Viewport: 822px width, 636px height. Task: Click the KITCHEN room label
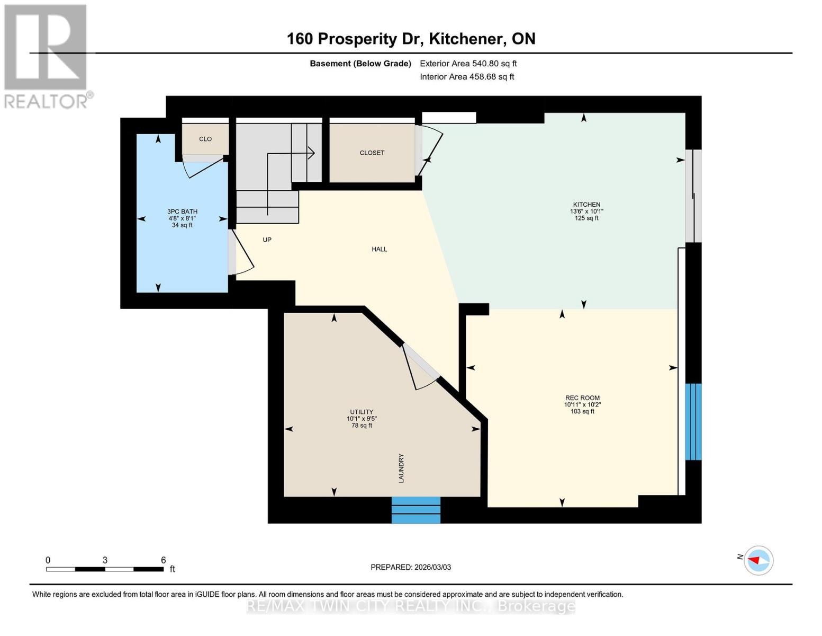pos(586,205)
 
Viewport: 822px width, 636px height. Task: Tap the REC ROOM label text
pos(582,398)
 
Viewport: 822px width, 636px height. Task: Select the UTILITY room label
pos(362,412)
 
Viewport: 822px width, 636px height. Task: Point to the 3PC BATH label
pos(182,211)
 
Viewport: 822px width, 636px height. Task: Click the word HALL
pos(379,249)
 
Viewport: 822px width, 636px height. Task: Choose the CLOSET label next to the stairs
pos(372,153)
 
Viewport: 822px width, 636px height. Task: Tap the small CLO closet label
pos(205,139)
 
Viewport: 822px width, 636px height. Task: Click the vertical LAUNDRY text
pos(401,468)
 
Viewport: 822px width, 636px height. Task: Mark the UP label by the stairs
pos(267,240)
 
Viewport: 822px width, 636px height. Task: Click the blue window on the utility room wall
pos(416,510)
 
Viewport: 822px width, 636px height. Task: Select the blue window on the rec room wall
pos(693,422)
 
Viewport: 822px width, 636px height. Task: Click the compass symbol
pos(758,560)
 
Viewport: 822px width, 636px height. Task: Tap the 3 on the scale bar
pos(105,560)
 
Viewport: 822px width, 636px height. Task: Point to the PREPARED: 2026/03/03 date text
pos(411,567)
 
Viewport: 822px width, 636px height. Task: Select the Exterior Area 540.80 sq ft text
pos(468,64)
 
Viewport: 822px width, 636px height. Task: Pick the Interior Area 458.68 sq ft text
pos(467,77)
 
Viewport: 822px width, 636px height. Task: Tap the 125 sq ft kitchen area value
pos(586,218)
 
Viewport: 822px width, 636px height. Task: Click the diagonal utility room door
pos(420,366)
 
